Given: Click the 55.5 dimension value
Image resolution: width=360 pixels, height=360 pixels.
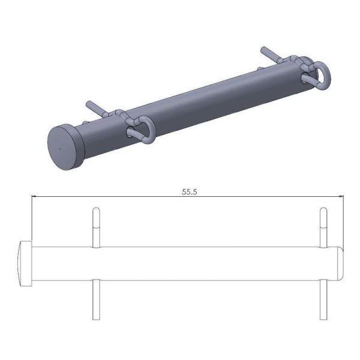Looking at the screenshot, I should pos(190,193).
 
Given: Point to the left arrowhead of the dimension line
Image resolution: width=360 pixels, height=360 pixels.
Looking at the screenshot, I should pos(35,197).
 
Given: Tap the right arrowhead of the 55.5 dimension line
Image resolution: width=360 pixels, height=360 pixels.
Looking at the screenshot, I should pos(340,197).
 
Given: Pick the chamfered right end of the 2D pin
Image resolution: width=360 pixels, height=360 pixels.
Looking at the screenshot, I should pos(340,264).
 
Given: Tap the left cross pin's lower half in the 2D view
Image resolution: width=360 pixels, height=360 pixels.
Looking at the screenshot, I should pos(94,300).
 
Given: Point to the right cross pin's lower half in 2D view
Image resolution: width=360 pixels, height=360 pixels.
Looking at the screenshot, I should pos(323,300).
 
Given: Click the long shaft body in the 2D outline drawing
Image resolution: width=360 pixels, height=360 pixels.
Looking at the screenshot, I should pos(180,264).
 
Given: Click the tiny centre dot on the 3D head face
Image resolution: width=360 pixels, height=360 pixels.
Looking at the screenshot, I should pos(61,146).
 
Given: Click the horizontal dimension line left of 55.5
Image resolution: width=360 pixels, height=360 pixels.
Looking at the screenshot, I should pos(108,197).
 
